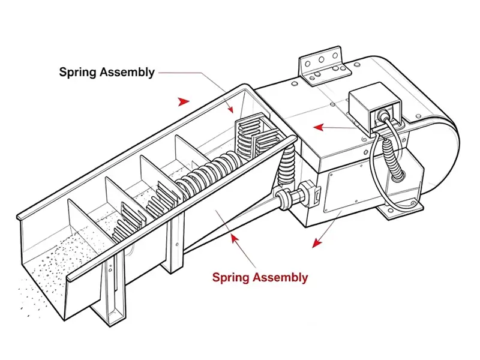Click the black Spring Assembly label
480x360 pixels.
click(x=107, y=72)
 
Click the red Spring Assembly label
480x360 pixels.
click(x=260, y=277)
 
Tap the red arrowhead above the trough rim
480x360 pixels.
click(x=184, y=101)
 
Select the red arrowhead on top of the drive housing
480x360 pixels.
click(x=319, y=127)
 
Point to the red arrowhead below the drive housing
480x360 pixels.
click(x=317, y=243)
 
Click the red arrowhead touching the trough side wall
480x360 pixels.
click(x=235, y=239)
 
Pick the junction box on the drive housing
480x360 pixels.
click(x=376, y=107)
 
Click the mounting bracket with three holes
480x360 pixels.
click(x=325, y=66)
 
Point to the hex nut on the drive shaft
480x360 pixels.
click(x=307, y=193)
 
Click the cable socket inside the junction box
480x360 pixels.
click(x=383, y=115)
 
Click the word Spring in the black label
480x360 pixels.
click(x=78, y=73)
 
